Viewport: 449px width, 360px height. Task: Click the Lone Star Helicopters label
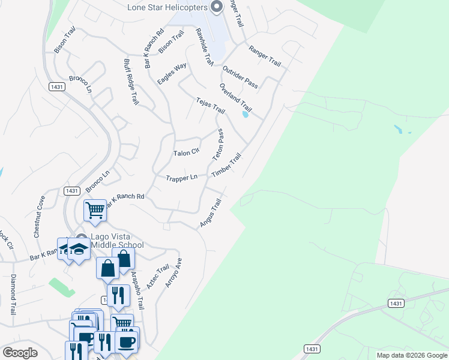click(x=167, y=7)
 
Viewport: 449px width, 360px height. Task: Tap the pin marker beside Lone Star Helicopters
click(x=217, y=7)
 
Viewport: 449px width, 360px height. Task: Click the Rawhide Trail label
click(x=204, y=47)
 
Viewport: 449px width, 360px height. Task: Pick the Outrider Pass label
click(x=240, y=77)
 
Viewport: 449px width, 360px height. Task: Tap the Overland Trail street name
click(x=235, y=99)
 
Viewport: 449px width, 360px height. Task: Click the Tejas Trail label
click(x=210, y=106)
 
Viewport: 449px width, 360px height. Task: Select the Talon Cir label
click(x=185, y=153)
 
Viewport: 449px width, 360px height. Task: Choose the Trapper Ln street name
click(x=181, y=178)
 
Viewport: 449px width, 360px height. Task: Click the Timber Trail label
click(x=226, y=165)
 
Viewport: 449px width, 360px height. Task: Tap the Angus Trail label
click(x=211, y=214)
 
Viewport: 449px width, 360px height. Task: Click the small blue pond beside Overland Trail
click(x=245, y=115)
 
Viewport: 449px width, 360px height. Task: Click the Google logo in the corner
click(x=20, y=353)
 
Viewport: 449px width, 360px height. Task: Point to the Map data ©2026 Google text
click(x=411, y=355)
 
